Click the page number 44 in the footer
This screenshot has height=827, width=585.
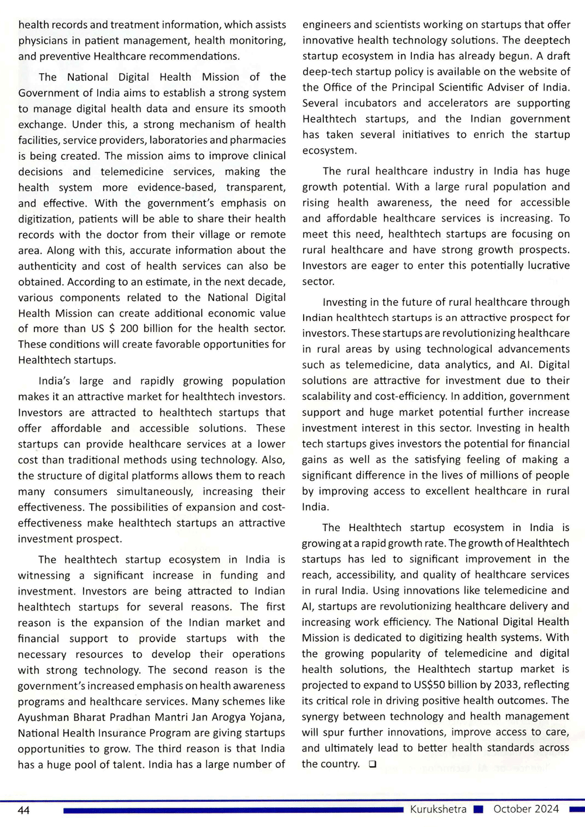(x=24, y=810)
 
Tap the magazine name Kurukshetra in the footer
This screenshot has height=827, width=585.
(x=438, y=809)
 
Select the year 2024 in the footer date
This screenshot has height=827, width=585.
(x=546, y=809)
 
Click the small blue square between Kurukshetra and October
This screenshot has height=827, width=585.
(x=479, y=810)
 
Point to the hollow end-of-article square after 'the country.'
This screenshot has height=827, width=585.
(x=373, y=764)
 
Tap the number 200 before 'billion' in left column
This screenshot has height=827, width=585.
(x=129, y=329)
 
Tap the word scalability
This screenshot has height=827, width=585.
(x=330, y=397)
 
